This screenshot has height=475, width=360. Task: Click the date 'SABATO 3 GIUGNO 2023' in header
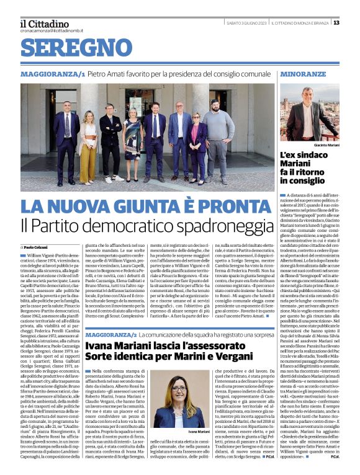242,23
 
